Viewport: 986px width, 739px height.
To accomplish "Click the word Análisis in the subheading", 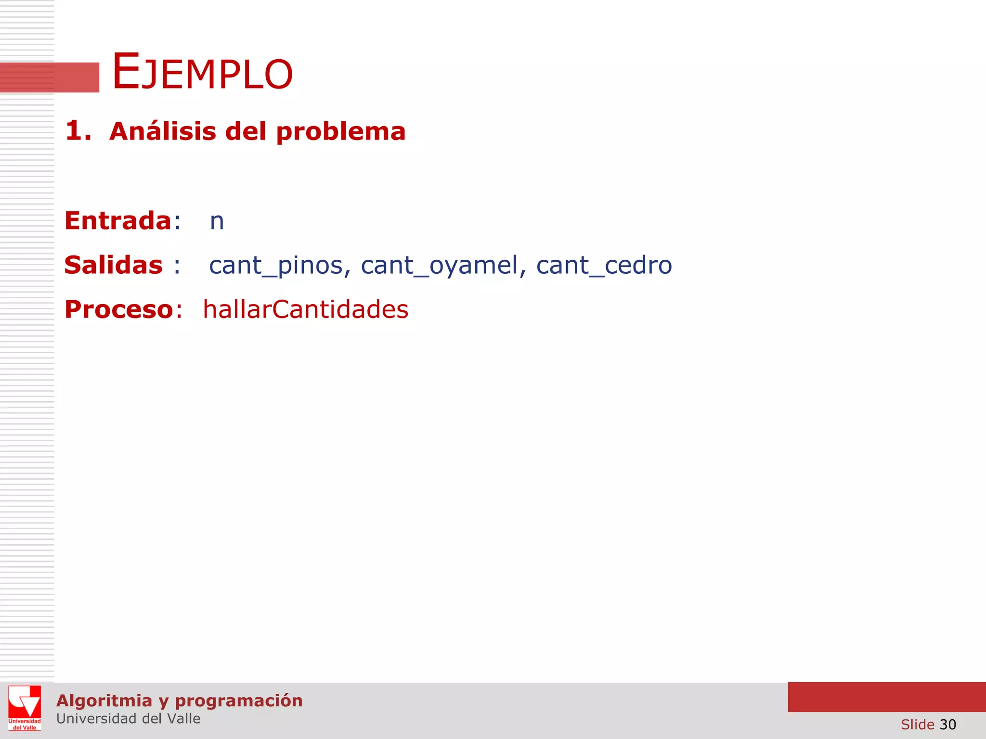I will tap(163, 131).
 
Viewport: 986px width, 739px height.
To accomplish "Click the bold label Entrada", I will tap(118, 221).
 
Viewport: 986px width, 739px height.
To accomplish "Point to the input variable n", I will tap(217, 222).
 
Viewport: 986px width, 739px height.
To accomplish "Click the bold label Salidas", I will tap(114, 265).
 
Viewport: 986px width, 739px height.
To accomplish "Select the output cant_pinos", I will tap(276, 266).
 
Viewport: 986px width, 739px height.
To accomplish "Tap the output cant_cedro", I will tap(604, 266).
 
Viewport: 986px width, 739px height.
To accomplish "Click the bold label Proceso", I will tap(119, 309).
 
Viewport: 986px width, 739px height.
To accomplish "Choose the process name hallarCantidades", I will tap(306, 309).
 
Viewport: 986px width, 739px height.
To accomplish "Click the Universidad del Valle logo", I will tap(25, 708).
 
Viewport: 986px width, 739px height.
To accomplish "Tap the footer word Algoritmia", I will tap(104, 701).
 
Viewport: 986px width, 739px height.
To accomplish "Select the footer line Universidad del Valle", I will tap(128, 719).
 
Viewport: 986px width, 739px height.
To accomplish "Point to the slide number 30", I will tap(947, 724).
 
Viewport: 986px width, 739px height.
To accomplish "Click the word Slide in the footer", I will tap(917, 724).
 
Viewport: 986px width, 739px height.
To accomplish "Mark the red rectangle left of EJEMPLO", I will tap(50, 77).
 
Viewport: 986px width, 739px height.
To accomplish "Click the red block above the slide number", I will tap(886, 697).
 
